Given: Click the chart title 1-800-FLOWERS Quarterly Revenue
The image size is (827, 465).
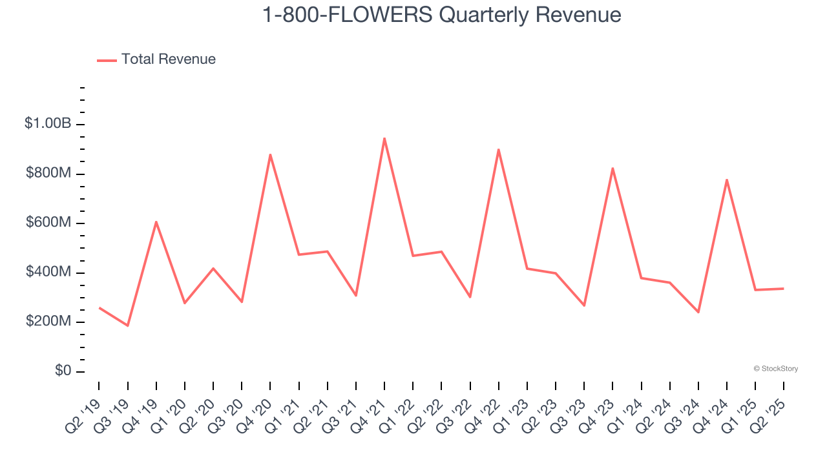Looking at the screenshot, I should pos(442,15).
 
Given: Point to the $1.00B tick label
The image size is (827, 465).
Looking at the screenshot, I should pos(48,123).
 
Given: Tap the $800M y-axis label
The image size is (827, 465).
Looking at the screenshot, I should pos(48,174).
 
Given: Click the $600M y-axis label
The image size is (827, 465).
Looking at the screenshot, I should pos(48,223).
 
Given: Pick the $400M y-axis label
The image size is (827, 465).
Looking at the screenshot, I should pos(48,273).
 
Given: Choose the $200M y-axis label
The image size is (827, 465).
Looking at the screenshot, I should pos(48,322).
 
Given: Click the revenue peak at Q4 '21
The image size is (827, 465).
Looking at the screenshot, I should pos(384,138).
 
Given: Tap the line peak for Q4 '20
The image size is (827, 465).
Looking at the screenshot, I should pos(270,154).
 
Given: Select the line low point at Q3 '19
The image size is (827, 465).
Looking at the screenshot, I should pos(127,325).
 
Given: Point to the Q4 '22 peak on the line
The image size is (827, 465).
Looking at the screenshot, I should pos(499,149).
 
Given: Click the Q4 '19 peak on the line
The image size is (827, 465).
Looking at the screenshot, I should pos(156,222).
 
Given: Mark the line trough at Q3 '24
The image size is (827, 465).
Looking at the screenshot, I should pos(698,312).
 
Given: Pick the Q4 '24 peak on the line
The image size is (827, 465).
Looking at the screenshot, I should pos(727,180).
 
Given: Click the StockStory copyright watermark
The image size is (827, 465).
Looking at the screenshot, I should pos(775,369).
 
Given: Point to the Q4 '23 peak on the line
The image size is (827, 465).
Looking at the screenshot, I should pos(612,169).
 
